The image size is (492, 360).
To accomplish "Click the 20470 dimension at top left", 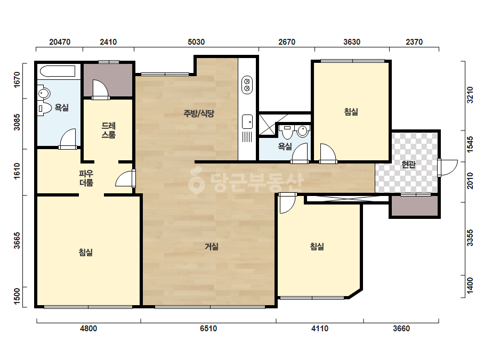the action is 60,42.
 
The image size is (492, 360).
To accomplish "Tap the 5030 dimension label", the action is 196,42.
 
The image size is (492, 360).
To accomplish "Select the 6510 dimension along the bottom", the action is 208,329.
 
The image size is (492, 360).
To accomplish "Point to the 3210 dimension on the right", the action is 470,95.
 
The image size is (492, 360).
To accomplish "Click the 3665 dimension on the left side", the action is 17,241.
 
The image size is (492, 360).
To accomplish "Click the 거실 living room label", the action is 212,247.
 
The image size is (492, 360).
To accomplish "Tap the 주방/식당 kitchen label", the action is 199,113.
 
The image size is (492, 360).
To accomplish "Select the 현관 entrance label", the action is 408,165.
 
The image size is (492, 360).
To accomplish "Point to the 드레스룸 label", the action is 109,130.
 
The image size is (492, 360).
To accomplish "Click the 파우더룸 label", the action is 86,178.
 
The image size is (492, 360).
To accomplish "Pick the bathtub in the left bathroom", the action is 58,71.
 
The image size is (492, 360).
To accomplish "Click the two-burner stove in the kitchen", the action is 247,85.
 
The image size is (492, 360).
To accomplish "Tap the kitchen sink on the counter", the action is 247,121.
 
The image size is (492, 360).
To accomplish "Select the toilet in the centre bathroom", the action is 287,132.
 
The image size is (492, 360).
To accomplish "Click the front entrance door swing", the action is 448,168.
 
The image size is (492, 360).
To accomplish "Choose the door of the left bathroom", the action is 68,139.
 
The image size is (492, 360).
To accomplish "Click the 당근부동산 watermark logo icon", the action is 196,181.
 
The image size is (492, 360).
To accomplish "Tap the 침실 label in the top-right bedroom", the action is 351,112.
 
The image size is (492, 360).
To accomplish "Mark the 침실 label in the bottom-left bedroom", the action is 86,252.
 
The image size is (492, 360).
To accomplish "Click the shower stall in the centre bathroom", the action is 267,125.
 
